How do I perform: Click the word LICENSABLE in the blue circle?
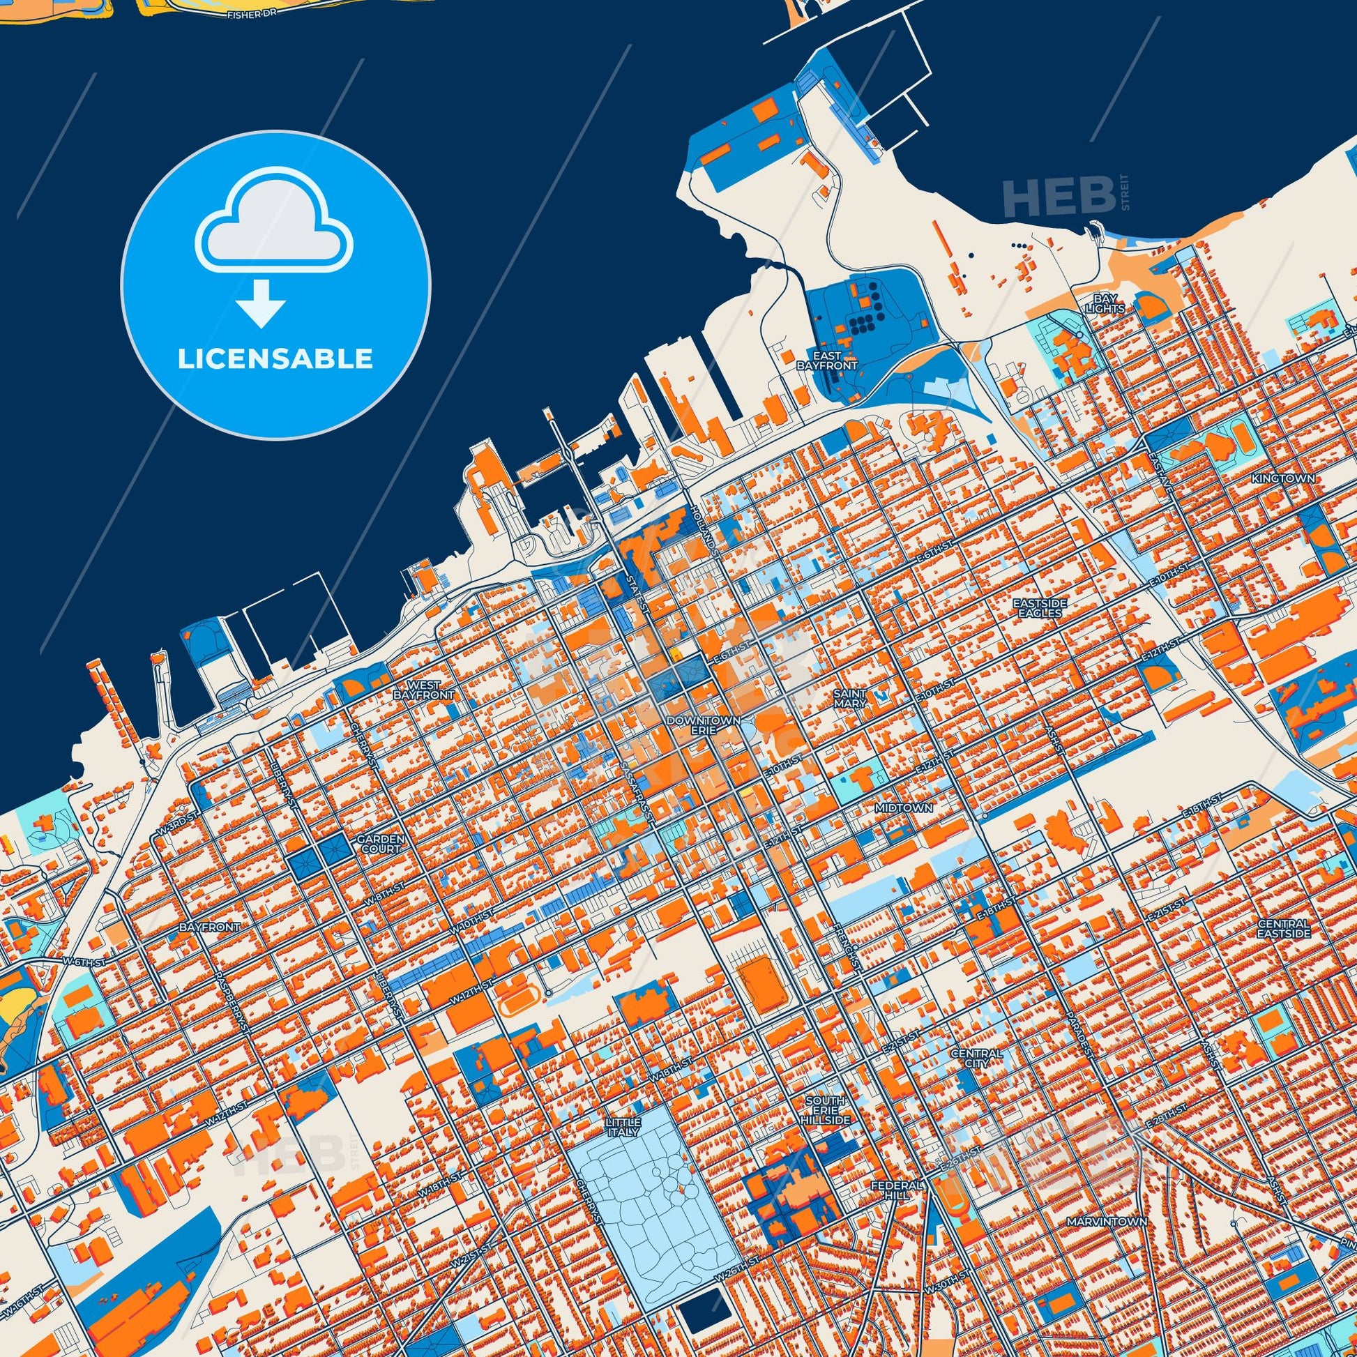[275, 359]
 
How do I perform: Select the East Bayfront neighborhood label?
[827, 361]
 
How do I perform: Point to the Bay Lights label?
[1105, 303]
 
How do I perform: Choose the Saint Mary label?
[850, 697]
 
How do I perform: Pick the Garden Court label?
[380, 844]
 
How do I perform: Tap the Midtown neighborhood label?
[904, 808]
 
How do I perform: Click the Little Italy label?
[622, 1128]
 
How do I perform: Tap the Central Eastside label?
[1283, 928]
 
